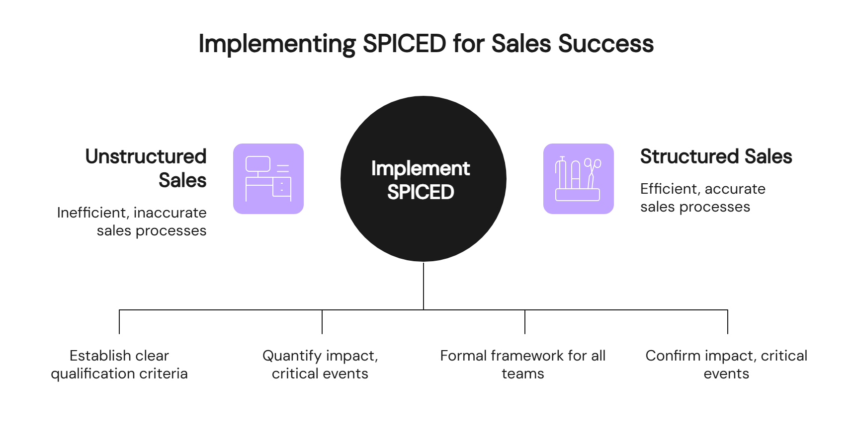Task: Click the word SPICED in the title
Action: point(404,44)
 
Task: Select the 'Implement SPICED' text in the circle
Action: point(421,180)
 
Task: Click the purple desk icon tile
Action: point(268,179)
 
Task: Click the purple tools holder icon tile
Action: point(578,179)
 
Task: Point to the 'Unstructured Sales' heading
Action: point(146,168)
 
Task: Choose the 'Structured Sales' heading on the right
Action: point(716,156)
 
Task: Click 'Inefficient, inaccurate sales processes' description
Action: point(132,221)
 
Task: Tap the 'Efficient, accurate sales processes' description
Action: point(702,198)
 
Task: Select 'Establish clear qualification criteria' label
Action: point(119,365)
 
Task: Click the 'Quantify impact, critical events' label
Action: point(320,365)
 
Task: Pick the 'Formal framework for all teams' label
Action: point(523,365)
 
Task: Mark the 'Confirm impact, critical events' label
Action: point(726,365)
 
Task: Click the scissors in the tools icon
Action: point(592,172)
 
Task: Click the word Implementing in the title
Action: point(277,44)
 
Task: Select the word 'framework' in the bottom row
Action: point(527,356)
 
